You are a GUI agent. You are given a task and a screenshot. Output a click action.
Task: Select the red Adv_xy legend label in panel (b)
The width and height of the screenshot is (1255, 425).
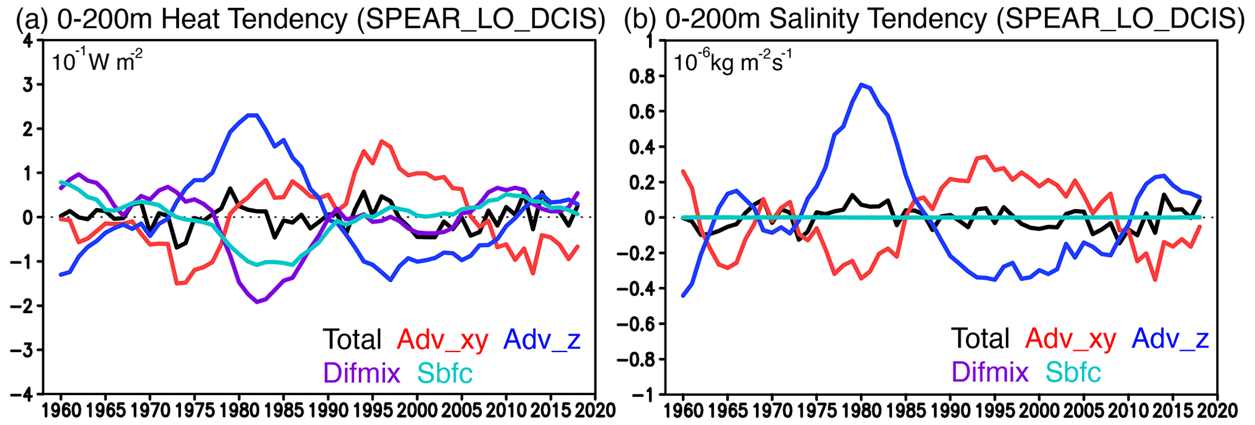[1071, 339]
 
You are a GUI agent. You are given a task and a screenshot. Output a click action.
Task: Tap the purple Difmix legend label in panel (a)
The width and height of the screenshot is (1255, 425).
[362, 373]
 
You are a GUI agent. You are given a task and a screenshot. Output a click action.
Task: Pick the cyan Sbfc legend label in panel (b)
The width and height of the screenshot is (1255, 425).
[1073, 373]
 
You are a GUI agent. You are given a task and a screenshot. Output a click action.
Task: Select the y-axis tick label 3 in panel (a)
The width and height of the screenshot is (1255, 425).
[29, 85]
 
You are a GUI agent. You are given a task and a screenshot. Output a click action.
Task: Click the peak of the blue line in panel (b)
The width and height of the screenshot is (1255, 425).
[861, 84]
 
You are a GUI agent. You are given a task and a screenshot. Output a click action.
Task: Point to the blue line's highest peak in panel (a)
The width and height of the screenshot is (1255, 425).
[253, 115]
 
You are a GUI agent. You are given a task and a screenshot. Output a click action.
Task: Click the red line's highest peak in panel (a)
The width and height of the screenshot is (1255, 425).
[381, 141]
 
